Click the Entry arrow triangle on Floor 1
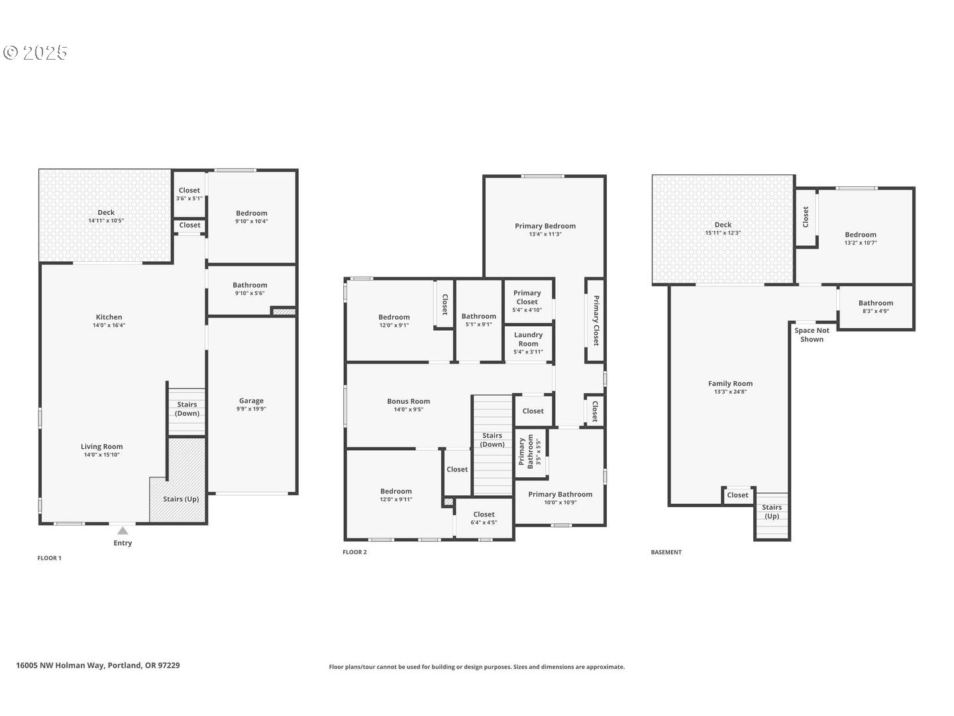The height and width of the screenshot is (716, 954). pyautogui.click(x=123, y=530)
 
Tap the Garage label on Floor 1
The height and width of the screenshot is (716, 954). pyautogui.click(x=251, y=400)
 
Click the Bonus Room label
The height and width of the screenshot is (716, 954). pyautogui.click(x=408, y=401)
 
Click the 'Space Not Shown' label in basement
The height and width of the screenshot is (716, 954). pyautogui.click(x=812, y=335)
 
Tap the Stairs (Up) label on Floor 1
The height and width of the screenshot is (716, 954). pyautogui.click(x=181, y=499)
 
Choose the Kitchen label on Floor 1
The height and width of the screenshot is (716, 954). pyautogui.click(x=109, y=317)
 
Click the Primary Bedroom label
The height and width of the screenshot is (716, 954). pyautogui.click(x=545, y=226)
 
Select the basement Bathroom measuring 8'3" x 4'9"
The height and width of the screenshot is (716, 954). pyautogui.click(x=875, y=307)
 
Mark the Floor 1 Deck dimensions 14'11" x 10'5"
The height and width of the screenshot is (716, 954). pyautogui.click(x=106, y=221)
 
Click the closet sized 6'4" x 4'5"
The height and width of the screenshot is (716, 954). pyautogui.click(x=484, y=518)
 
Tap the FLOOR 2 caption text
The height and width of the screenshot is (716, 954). pyautogui.click(x=354, y=552)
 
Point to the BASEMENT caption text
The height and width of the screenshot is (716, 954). pyautogui.click(x=666, y=552)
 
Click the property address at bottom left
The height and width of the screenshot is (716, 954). pyautogui.click(x=98, y=666)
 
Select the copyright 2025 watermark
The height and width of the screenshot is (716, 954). pyautogui.click(x=36, y=52)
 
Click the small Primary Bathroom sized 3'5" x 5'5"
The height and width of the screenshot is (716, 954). pyautogui.click(x=530, y=452)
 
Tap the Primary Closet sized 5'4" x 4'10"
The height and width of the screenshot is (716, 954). pyautogui.click(x=527, y=301)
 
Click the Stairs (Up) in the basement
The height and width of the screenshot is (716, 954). pyautogui.click(x=771, y=511)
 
